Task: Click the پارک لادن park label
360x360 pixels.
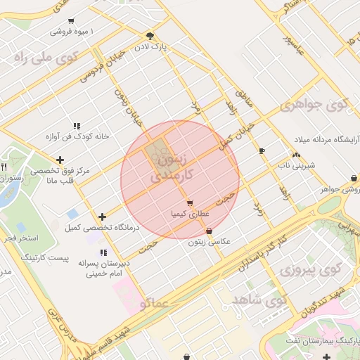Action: tap(150, 46)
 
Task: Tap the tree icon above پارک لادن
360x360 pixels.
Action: tap(150, 35)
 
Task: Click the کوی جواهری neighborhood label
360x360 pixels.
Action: tap(314, 105)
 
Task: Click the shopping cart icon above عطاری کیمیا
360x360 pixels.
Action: tap(190, 203)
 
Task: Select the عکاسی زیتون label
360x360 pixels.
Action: tap(209, 241)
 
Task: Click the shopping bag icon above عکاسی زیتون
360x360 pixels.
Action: tap(209, 231)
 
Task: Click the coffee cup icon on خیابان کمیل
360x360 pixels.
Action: tap(262, 150)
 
